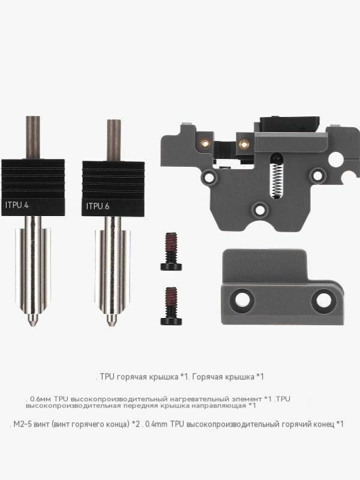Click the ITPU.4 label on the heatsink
[17, 205]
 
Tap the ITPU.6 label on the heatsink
[98, 206]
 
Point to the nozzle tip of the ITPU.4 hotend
[33, 323]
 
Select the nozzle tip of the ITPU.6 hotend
[112, 323]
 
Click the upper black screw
[171, 251]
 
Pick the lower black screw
[171, 306]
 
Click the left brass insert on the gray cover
[205, 142]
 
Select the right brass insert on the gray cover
[244, 143]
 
